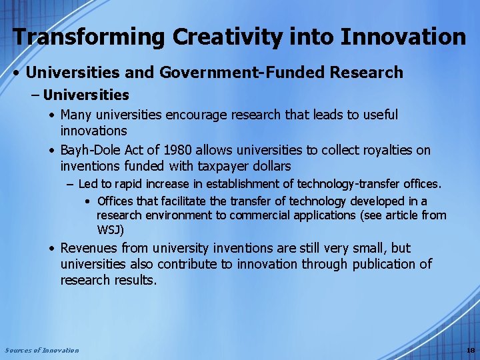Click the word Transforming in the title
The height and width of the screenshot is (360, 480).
tap(89, 37)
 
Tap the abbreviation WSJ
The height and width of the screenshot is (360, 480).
tap(109, 230)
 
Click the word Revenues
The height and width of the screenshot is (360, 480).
tap(89, 249)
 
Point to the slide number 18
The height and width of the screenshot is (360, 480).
tap(471, 350)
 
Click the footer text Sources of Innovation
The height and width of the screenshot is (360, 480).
tap(41, 350)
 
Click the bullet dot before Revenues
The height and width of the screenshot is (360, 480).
tap(52, 249)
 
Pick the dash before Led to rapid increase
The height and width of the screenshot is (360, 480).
tap(70, 183)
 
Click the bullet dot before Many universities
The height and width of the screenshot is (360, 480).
tap(52, 115)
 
